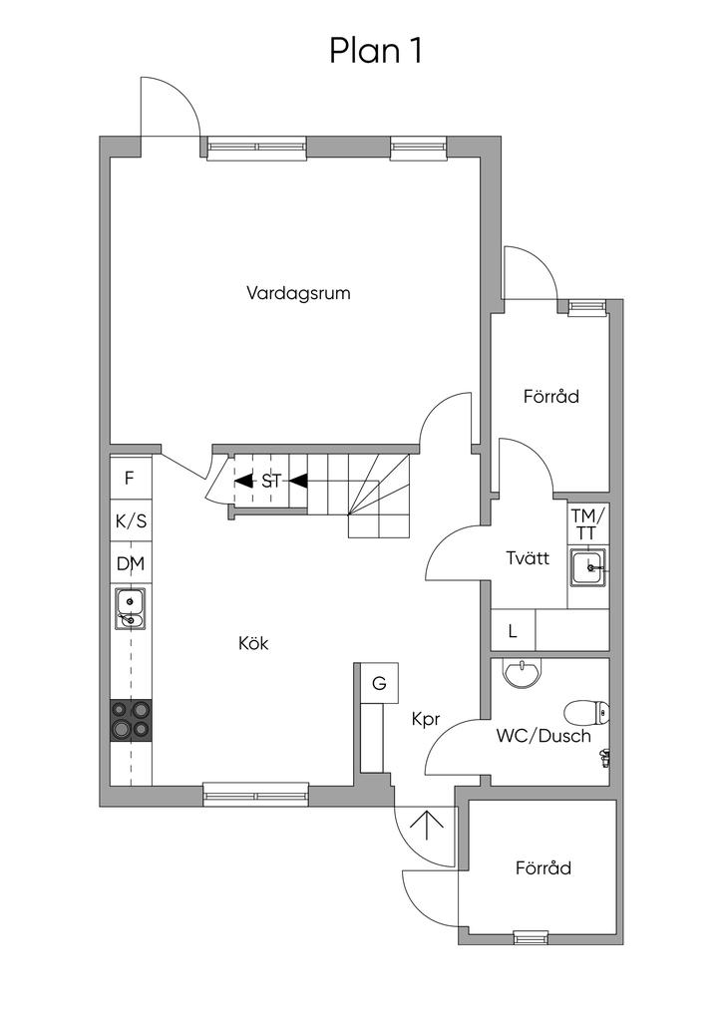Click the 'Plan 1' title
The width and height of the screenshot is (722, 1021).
pyautogui.click(x=376, y=51)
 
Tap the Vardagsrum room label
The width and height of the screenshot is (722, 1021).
pyautogui.click(x=298, y=293)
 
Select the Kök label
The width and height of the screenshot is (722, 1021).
pyautogui.click(x=253, y=643)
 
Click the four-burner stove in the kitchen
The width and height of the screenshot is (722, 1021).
pyautogui.click(x=131, y=720)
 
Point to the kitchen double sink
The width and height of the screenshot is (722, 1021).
pyautogui.click(x=131, y=609)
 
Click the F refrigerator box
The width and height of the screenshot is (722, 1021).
pyautogui.click(x=131, y=479)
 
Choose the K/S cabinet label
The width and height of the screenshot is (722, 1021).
pyautogui.click(x=131, y=520)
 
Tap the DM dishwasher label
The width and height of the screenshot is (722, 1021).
pyautogui.click(x=131, y=563)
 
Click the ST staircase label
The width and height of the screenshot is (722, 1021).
pyautogui.click(x=271, y=482)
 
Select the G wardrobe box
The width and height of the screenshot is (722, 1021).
pyautogui.click(x=380, y=683)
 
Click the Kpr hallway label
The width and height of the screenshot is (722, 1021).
pyautogui.click(x=427, y=720)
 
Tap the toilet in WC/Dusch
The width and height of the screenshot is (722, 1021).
pyautogui.click(x=586, y=714)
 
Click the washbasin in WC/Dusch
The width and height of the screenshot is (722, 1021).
pyautogui.click(x=523, y=673)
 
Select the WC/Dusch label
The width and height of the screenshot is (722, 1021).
pyautogui.click(x=543, y=737)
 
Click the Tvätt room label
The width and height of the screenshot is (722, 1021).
pyautogui.click(x=528, y=558)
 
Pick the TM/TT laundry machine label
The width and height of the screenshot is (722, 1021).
pyautogui.click(x=588, y=523)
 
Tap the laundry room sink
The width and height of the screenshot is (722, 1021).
pyautogui.click(x=588, y=567)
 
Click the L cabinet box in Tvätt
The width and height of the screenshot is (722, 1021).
pyautogui.click(x=513, y=630)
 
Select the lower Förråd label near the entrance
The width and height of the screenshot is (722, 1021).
pyautogui.click(x=543, y=868)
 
